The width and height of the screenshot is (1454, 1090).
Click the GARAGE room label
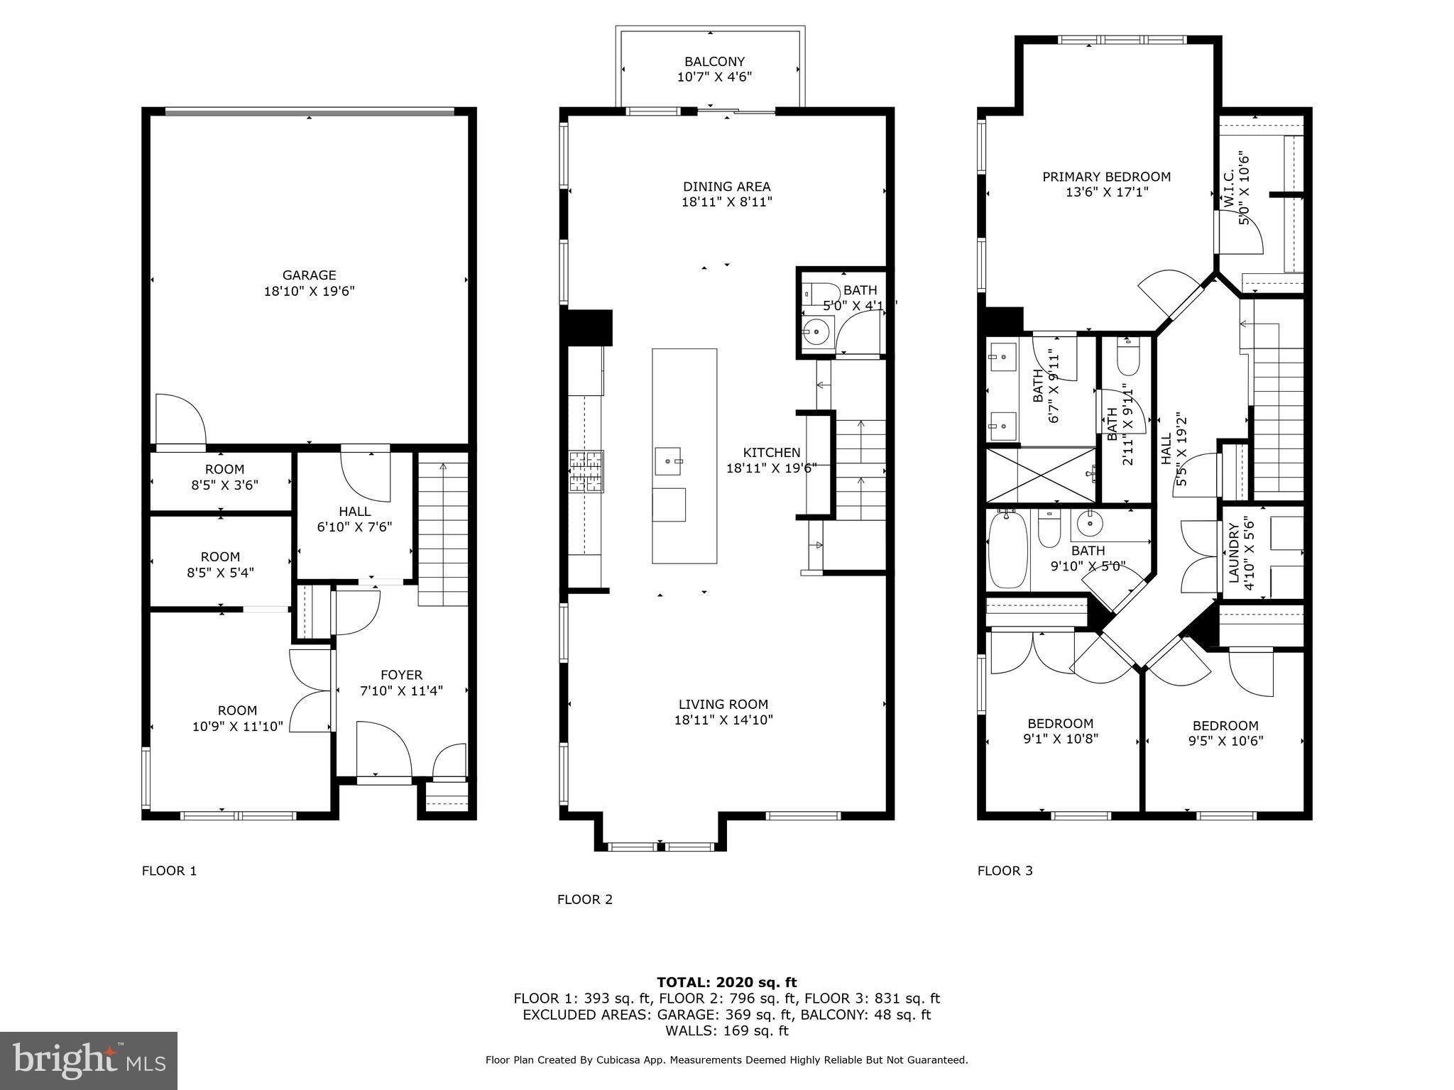tap(309, 275)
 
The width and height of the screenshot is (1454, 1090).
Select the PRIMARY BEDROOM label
tap(1106, 177)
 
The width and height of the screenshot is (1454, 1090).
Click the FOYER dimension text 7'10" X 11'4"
tap(401, 690)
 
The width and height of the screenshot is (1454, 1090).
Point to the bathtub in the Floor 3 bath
tap(1007, 550)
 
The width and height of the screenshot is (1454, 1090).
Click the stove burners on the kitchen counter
tap(586, 472)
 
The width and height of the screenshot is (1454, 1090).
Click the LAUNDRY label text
tap(1233, 553)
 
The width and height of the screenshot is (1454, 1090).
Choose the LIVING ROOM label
tap(723, 704)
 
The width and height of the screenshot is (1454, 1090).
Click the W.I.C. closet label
tap(1230, 188)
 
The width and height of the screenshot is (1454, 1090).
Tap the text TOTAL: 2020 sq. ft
tap(726, 982)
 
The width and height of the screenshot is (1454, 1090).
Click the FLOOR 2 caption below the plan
tap(584, 899)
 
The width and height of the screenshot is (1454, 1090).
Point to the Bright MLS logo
tap(89, 1060)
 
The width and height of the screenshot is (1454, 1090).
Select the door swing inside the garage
tap(180, 420)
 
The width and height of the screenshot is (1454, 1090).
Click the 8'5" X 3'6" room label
tap(224, 485)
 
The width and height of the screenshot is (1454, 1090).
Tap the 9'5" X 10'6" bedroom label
tap(1225, 741)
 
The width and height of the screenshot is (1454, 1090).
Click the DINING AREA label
tap(726, 187)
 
